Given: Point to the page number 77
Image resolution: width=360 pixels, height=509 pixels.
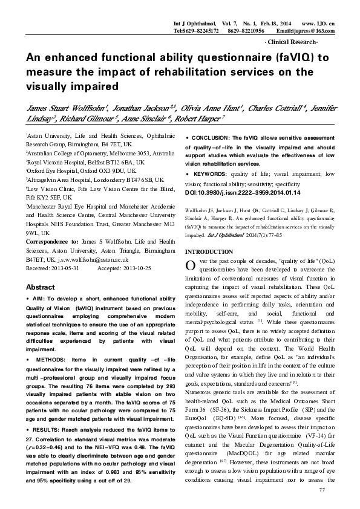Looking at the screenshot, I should point(330,487).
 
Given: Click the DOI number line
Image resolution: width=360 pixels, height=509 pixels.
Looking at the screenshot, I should point(230,192).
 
